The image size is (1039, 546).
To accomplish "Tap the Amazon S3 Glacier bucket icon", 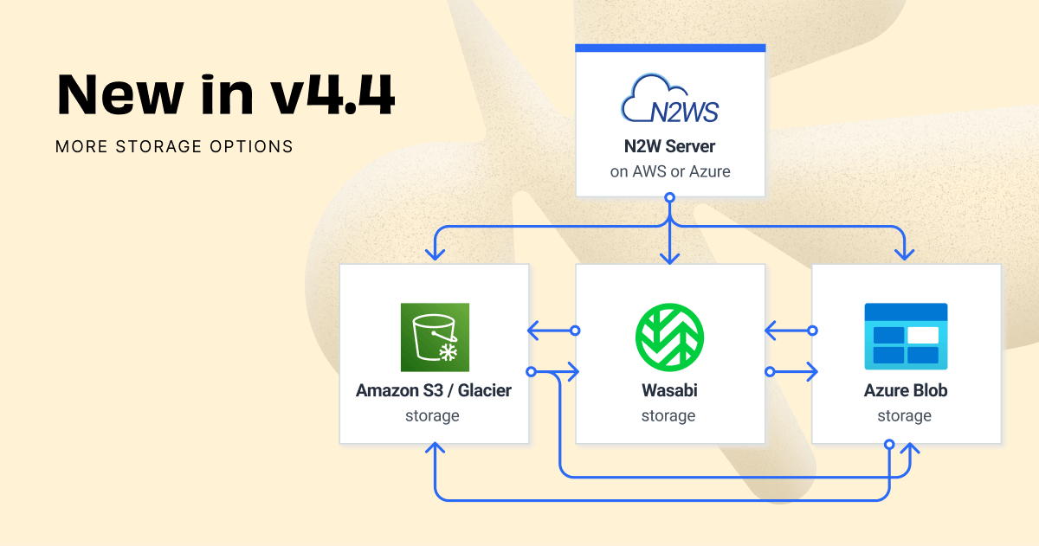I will [434, 337].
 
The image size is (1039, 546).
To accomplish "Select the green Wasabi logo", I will [669, 337].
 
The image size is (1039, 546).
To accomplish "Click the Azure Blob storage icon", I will [906, 333].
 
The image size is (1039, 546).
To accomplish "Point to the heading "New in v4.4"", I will [226, 95].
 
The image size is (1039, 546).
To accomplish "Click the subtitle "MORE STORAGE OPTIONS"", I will [174, 146].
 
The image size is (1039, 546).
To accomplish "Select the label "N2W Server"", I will [670, 146].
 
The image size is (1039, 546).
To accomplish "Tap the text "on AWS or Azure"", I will [670, 171].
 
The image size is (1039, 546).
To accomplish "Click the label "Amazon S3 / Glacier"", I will [434, 390].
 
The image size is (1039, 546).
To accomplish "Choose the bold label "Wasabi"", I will [669, 390].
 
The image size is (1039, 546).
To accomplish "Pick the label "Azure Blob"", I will [906, 390].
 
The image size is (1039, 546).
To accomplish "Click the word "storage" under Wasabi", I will [668, 416].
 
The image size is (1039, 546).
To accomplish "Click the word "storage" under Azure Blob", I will [904, 416].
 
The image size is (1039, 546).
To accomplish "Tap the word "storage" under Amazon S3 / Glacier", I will [432, 416].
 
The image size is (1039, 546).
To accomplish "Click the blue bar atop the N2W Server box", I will [670, 48].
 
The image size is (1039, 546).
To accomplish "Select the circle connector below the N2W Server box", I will [669, 198].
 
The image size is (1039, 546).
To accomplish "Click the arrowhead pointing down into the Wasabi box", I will [669, 256].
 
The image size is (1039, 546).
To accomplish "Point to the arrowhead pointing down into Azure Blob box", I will [906, 255].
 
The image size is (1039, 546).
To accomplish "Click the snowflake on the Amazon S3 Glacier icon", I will [449, 352].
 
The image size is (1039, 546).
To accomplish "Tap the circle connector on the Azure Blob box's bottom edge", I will [889, 444].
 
